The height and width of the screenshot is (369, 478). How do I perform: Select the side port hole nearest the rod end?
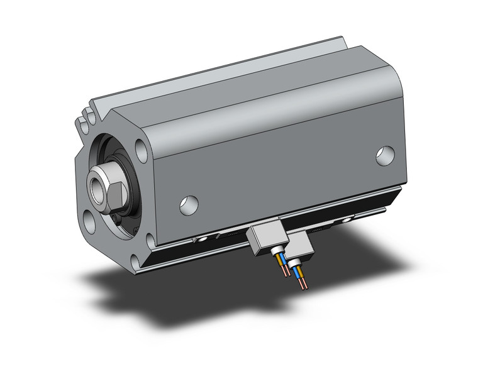tap(189, 204)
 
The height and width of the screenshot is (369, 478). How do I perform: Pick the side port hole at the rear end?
tap(386, 155)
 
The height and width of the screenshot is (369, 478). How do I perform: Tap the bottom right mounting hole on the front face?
tap(150, 240)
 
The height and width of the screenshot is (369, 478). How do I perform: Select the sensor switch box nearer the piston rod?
tap(264, 240)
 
